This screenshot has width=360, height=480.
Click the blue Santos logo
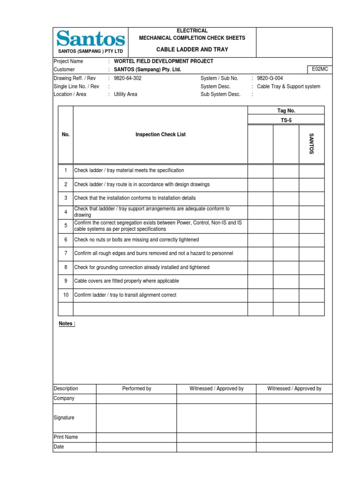point(90,38)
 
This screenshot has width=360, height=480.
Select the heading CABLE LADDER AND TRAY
point(192,50)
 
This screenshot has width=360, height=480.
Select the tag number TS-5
point(285,120)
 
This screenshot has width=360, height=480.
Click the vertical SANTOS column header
point(311,144)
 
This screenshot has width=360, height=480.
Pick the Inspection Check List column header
point(160,135)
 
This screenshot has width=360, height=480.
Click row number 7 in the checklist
point(66,253)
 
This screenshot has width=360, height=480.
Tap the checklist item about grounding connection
point(142,267)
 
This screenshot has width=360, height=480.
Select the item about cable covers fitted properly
point(127,281)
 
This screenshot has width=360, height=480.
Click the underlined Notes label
point(67,323)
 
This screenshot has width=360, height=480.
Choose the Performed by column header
point(136,389)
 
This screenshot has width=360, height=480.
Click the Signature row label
point(64,418)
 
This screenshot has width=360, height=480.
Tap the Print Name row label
point(66,437)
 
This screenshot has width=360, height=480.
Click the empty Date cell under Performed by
point(136,447)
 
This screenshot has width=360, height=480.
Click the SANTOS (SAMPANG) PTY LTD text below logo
point(90,51)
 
